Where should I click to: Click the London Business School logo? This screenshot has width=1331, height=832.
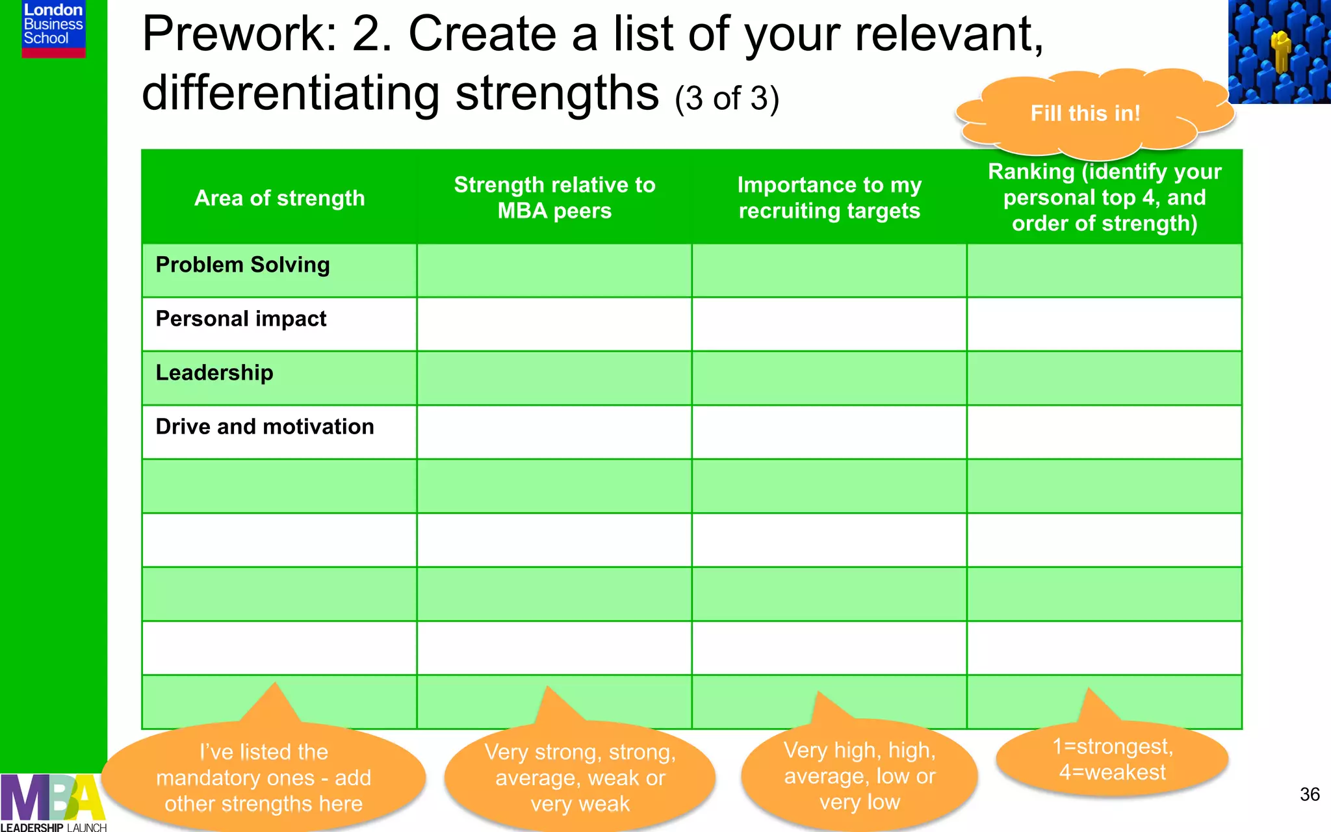53,29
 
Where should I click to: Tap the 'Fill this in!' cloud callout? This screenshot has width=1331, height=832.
1085,114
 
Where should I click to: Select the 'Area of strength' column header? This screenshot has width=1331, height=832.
279,198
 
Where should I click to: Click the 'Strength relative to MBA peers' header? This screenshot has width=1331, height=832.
554,198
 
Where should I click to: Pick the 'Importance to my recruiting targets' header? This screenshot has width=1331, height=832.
829,198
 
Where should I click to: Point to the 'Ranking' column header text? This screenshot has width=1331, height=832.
1104,198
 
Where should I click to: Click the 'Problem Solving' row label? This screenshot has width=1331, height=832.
242,265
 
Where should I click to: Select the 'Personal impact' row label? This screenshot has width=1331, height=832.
241,319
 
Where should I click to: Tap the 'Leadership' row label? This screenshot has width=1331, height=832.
214,373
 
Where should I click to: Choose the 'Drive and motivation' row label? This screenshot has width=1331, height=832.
265,427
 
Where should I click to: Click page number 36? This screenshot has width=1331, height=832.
1309,794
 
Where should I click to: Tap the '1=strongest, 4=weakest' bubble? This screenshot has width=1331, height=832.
1112,759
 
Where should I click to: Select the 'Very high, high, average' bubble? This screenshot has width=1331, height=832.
859,776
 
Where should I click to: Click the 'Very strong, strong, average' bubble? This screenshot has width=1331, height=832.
580,778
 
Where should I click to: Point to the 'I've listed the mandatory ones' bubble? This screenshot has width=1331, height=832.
263,778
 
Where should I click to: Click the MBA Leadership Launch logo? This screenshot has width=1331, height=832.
52,803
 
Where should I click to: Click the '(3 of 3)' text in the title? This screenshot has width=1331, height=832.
727,99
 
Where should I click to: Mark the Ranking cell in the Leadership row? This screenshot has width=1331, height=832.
1104,378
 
